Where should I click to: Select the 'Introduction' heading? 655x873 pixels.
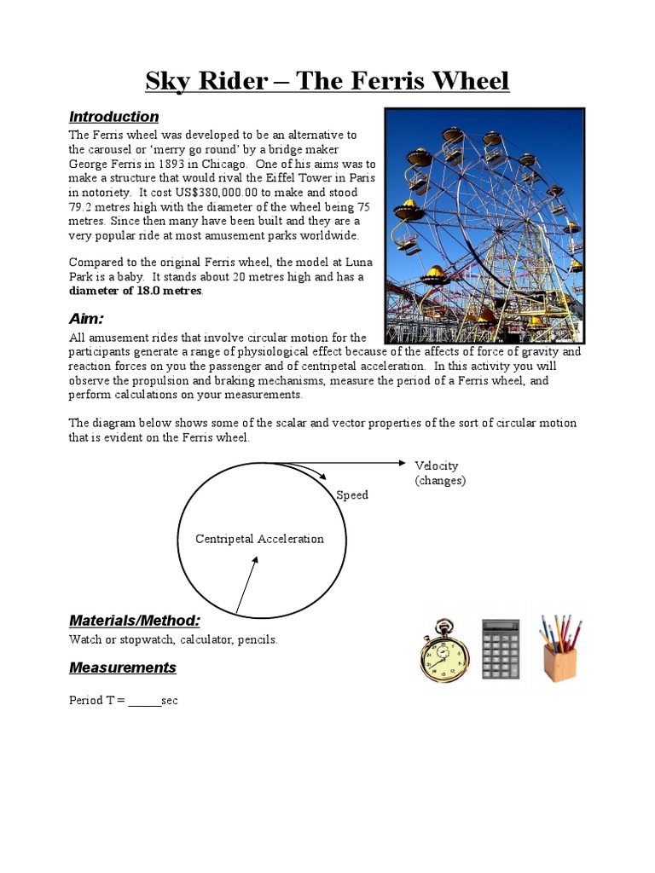113,117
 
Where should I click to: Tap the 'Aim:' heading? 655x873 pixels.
86,319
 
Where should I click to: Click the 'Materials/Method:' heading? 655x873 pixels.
134,620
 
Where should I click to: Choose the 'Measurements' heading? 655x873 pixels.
122,668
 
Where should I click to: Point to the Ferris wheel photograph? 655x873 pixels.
484,225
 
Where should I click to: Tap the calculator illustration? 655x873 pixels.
503,650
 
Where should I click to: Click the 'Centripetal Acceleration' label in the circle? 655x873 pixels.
259,539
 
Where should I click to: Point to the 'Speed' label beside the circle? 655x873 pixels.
352,495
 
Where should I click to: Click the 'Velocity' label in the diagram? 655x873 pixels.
437,465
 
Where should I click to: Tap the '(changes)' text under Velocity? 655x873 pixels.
440,480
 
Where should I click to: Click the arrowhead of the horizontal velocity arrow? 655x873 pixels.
403,463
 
